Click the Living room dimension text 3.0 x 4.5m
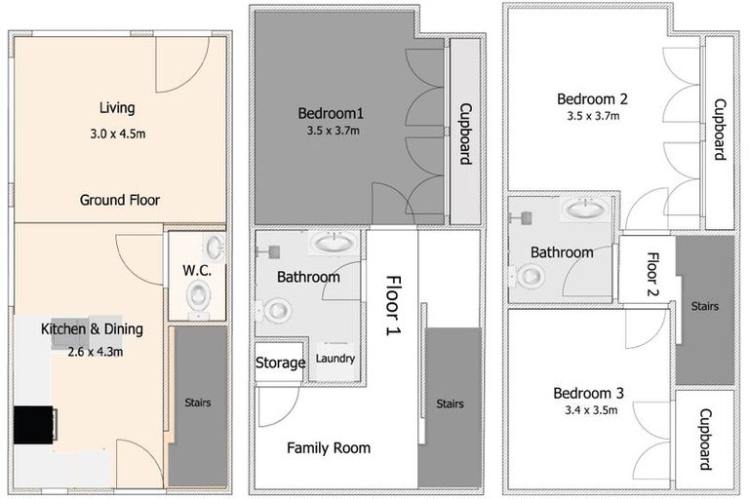click(x=118, y=134)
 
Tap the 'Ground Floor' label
click(x=120, y=200)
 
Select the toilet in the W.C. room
click(x=199, y=298)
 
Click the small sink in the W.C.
click(x=214, y=248)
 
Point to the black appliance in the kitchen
click(x=33, y=425)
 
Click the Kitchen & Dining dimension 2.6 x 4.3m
click(x=96, y=352)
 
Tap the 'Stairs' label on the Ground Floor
click(x=198, y=403)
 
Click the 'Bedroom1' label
click(x=331, y=113)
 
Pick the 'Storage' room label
click(x=281, y=363)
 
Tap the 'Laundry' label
click(x=335, y=358)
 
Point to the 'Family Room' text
click(x=329, y=448)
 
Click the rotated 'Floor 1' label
click(x=394, y=305)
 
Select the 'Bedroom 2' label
click(x=592, y=98)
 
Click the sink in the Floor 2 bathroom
click(x=585, y=209)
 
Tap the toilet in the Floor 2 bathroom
click(x=528, y=277)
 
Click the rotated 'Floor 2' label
click(x=653, y=274)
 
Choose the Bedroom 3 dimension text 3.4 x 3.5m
click(x=591, y=409)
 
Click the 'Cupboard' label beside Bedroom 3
click(x=705, y=440)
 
